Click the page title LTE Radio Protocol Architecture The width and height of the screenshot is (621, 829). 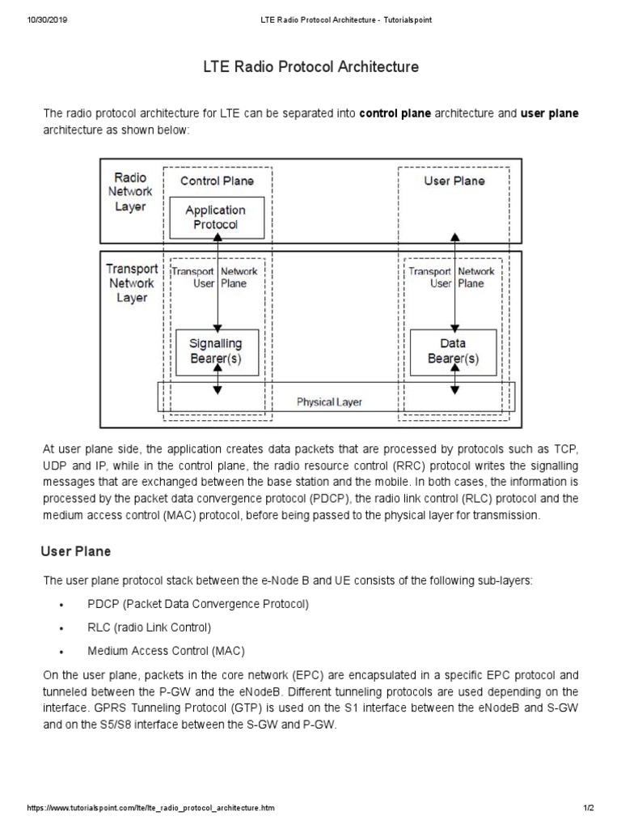click(310, 67)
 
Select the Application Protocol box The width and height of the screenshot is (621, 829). click(215, 217)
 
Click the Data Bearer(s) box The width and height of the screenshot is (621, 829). click(453, 351)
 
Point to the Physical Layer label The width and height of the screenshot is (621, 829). click(329, 402)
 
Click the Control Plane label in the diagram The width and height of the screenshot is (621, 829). click(217, 181)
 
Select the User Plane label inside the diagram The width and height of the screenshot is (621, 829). click(454, 181)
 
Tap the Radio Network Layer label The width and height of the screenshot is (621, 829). click(130, 192)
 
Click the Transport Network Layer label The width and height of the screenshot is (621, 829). click(131, 283)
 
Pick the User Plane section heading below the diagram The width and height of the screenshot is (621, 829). click(76, 551)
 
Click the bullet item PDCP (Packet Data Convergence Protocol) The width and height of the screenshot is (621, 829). click(198, 604)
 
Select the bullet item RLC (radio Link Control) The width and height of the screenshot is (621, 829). click(149, 627)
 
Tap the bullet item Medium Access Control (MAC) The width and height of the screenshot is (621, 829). click(166, 650)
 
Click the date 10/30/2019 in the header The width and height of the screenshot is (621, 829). click(47, 20)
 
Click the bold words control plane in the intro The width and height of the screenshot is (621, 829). click(395, 113)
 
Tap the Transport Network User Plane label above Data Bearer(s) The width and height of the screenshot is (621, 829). click(451, 278)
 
